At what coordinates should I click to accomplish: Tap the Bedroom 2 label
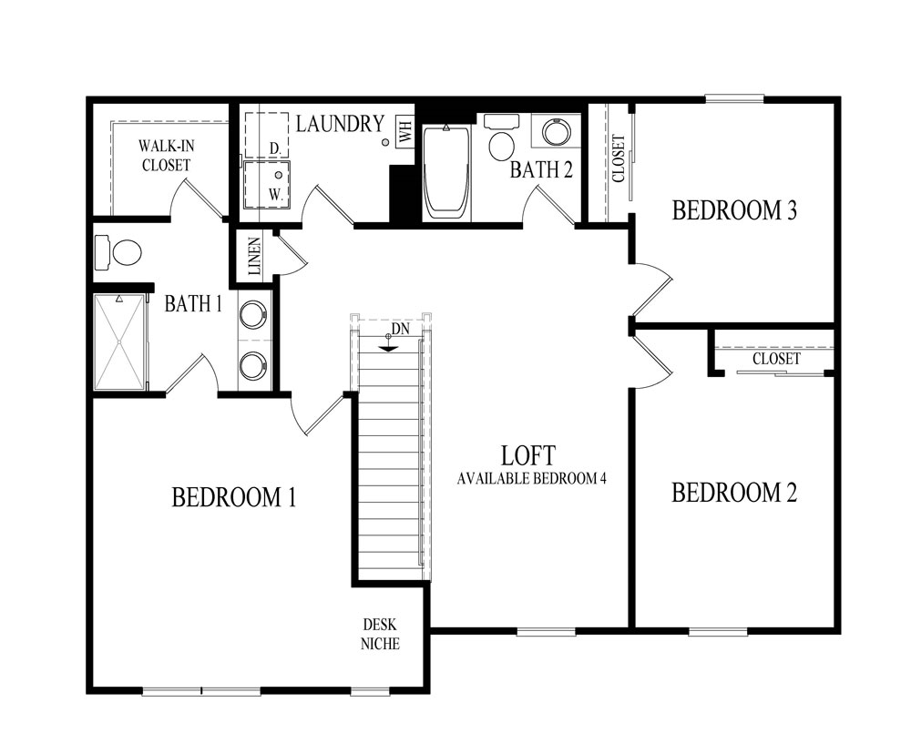(x=734, y=493)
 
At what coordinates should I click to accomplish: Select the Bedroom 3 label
(x=734, y=210)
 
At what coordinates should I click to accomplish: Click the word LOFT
(x=528, y=454)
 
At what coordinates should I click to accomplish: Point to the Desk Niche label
(x=379, y=634)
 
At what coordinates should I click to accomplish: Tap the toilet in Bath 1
(x=118, y=253)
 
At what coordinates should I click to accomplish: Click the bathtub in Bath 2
(x=446, y=170)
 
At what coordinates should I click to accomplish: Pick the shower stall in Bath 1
(x=120, y=341)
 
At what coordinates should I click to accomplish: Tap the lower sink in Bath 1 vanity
(x=253, y=365)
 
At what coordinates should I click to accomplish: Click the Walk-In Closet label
(x=165, y=156)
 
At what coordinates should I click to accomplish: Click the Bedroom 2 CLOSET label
(x=776, y=359)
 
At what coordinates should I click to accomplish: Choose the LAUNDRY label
(x=339, y=124)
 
